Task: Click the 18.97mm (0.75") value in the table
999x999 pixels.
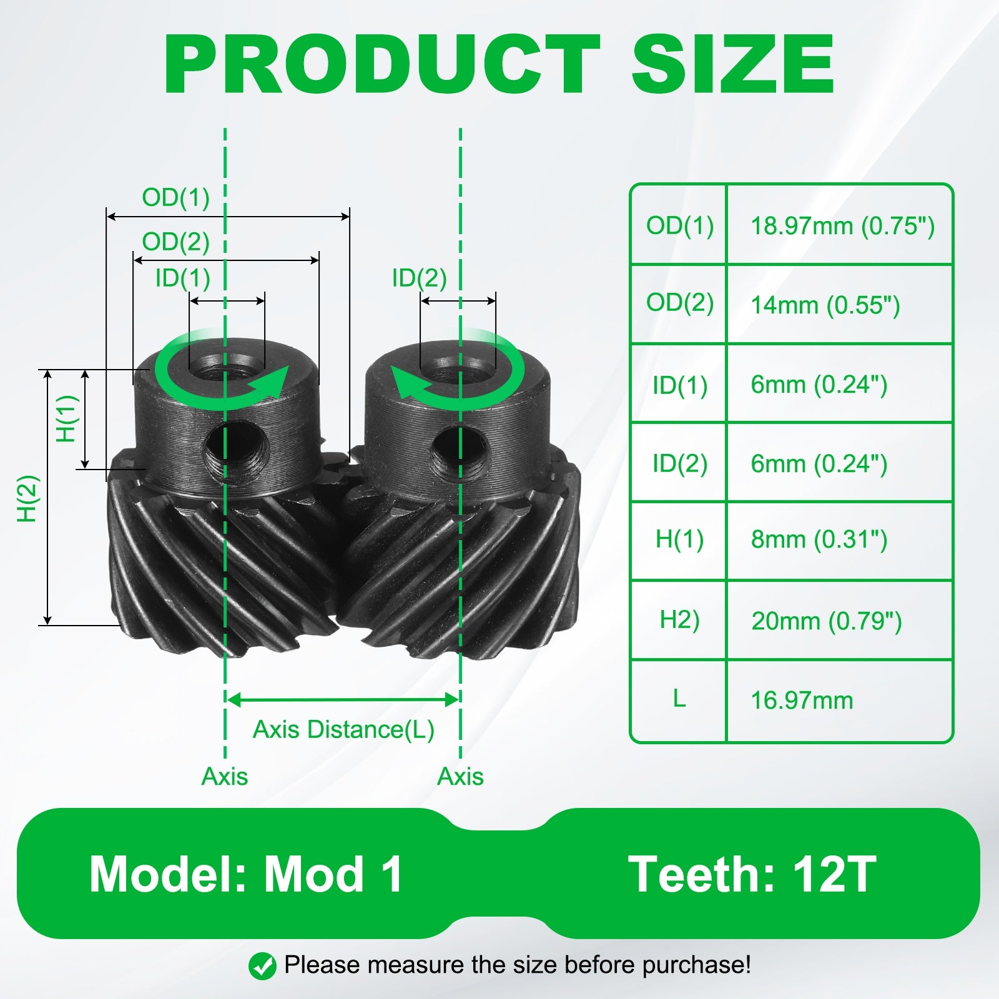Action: click(842, 226)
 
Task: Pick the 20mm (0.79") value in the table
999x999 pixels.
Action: click(826, 621)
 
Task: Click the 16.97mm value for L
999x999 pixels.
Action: click(802, 701)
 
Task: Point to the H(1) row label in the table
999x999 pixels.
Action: click(679, 539)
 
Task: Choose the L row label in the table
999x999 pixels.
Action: click(679, 698)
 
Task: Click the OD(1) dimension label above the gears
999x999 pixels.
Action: click(175, 197)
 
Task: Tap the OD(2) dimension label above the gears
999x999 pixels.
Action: click(175, 242)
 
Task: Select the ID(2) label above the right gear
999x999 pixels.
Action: click(419, 278)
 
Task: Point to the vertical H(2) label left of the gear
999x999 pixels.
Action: click(28, 499)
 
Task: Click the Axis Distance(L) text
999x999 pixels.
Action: click(343, 729)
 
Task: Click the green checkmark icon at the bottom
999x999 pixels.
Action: click(262, 966)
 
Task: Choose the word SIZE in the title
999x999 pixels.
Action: click(732, 64)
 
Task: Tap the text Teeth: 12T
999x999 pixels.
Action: click(752, 874)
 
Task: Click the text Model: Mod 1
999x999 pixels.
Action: click(246, 874)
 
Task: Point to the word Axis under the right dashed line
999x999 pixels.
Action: click(460, 777)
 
